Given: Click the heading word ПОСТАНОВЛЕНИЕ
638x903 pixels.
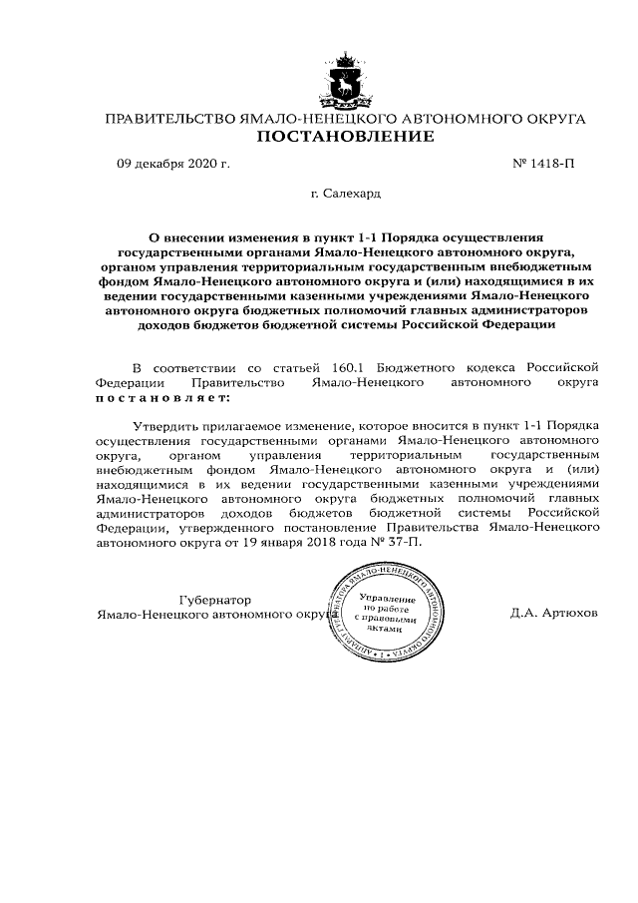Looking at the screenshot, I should tap(346, 137).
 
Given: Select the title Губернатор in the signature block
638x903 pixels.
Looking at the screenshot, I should tap(213, 600).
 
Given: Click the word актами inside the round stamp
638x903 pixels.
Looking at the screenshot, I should tap(384, 629).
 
